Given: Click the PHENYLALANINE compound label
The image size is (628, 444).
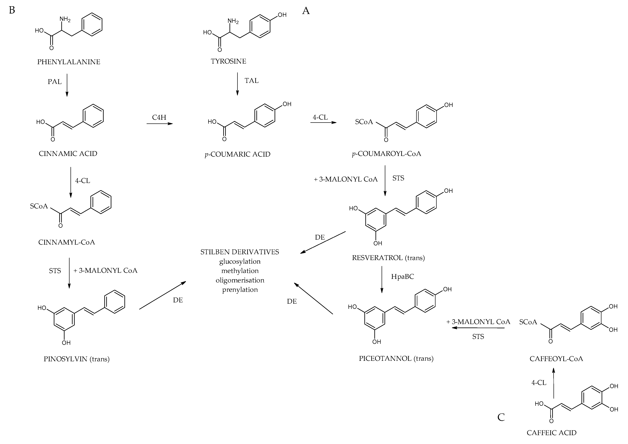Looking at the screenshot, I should coord(69,62).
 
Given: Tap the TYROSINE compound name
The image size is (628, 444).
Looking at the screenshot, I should coord(228,61).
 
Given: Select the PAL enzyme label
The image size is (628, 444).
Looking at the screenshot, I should coord(55,82).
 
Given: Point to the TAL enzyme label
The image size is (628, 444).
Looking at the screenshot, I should coord(251,81).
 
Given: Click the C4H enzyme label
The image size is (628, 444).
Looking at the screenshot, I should coord(159,117).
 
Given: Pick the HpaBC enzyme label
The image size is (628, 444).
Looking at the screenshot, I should coord(402,277).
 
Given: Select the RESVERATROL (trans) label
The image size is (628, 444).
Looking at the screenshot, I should coord(388,258).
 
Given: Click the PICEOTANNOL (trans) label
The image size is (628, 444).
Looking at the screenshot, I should coord(396,358).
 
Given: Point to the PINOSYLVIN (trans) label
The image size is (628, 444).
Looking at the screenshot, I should coord(77,359).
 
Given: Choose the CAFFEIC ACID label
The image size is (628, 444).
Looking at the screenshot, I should coord(551,433).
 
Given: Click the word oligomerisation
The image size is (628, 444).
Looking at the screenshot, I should coord(240,280).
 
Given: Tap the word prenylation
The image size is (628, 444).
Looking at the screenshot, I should coord(240,290).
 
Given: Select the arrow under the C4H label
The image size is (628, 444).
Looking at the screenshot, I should coord(160,124).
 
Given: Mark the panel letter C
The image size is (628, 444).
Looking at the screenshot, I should coord(501,417).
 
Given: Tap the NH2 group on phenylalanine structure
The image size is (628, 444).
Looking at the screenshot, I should coord(65,19).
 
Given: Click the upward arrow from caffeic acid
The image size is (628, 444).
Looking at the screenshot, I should coord(554,383).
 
